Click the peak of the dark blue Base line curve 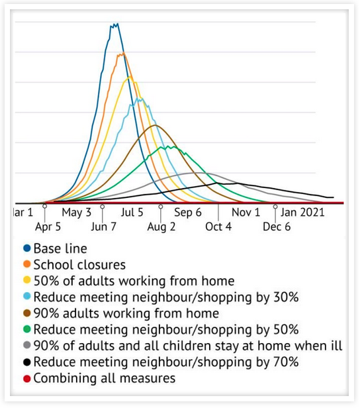[118, 24]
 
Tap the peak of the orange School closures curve [123, 53]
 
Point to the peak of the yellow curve [130, 77]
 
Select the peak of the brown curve [155, 125]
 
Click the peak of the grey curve [198, 172]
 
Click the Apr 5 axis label [48, 227]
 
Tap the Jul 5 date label [132, 213]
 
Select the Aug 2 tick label [161, 227]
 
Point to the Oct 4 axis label [218, 227]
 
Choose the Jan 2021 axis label [302, 213]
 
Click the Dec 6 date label [277, 227]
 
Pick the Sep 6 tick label [188, 213]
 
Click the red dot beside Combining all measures [26, 379]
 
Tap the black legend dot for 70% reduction [26, 362]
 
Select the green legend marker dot [26, 329]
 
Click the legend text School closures [79, 265]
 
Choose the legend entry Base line [60, 248]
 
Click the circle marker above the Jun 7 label [103, 207]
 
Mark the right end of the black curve [334, 197]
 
